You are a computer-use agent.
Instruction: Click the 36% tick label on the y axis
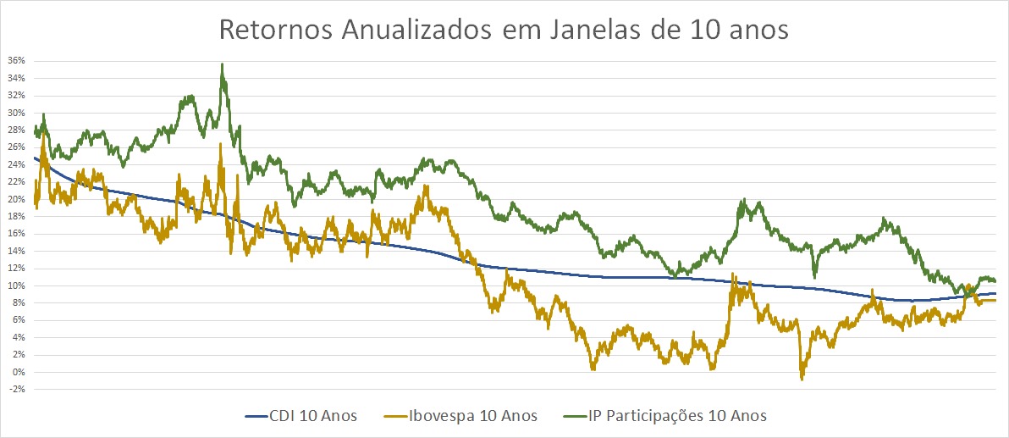(x=16, y=61)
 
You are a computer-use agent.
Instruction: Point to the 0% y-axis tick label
(x=19, y=372)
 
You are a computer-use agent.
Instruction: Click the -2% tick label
(x=17, y=390)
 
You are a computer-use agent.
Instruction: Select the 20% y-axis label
(x=16, y=199)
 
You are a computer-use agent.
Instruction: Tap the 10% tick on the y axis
(x=16, y=286)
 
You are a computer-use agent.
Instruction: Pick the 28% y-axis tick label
(x=16, y=130)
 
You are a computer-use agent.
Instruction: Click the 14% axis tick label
(x=16, y=251)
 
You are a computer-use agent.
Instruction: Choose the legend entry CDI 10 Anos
(x=314, y=416)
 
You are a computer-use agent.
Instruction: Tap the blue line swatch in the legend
(x=257, y=416)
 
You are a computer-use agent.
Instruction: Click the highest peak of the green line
(x=222, y=64)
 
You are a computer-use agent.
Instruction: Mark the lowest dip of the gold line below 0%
(x=802, y=378)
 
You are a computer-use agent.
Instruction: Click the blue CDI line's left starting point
(x=34, y=158)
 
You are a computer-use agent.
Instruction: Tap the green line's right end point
(x=995, y=281)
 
